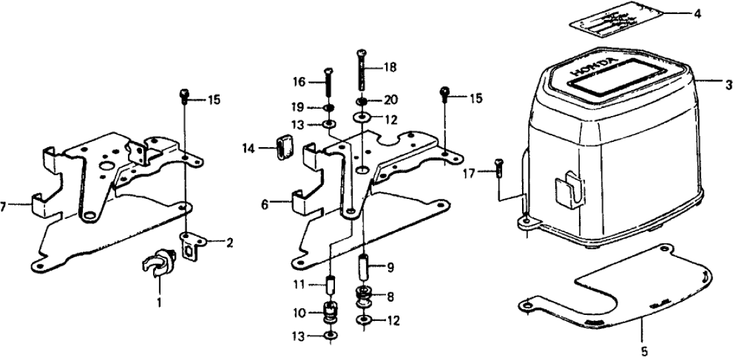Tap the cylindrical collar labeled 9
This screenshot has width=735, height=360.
pos(365,268)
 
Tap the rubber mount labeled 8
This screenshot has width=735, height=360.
pos(364,296)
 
